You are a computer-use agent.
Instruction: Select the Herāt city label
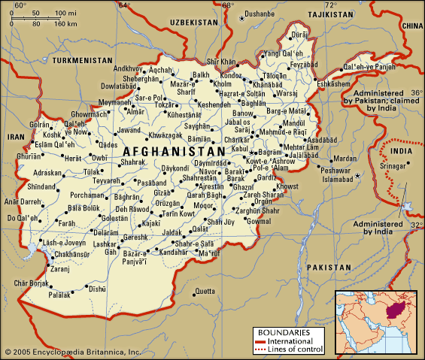point(72,158)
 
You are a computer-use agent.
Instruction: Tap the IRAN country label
point(16,138)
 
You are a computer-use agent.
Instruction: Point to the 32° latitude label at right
point(417,225)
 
